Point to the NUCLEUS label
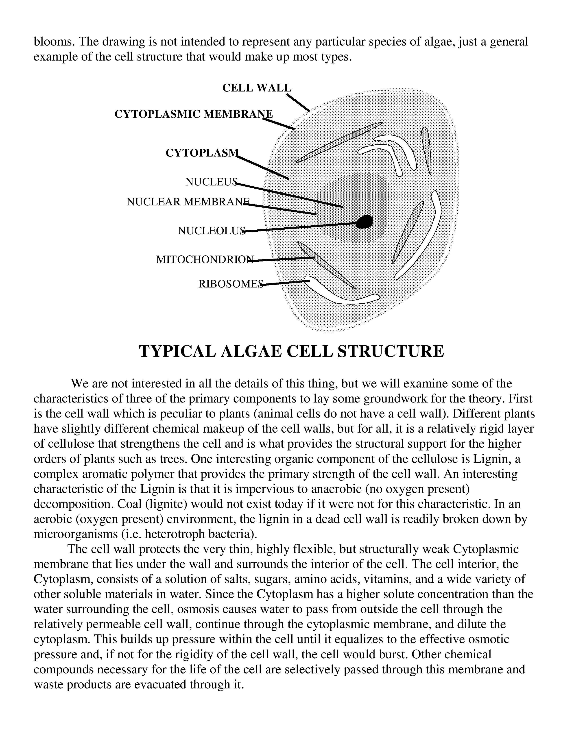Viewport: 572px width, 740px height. point(211,182)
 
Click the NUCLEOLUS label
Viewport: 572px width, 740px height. point(211,231)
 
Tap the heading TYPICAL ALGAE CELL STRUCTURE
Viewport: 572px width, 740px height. point(291,351)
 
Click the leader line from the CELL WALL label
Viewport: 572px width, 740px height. point(298,102)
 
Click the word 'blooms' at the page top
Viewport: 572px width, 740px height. point(54,42)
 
